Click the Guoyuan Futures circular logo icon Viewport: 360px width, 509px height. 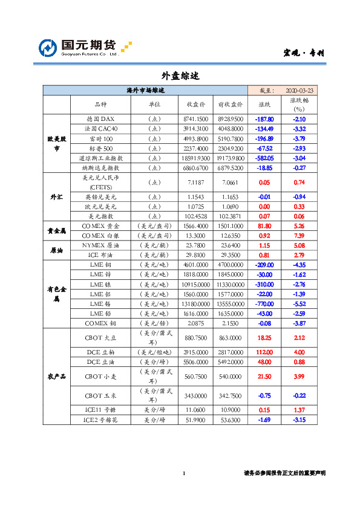tap(48, 48)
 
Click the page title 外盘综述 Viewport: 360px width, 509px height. tap(180, 76)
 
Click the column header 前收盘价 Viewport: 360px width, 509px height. tap(230, 104)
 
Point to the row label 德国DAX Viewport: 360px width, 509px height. tap(100, 119)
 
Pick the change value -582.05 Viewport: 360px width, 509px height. tap(265, 157)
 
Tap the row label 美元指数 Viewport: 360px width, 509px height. tap(100, 216)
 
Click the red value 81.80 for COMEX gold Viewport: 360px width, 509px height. tap(265, 225)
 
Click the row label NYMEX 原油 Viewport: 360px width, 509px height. tap(100, 245)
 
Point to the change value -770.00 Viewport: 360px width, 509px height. tap(265, 303)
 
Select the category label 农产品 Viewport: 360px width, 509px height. tap(56, 376)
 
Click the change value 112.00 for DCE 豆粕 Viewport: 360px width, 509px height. tap(265, 351)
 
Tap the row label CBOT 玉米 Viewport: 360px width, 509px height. tap(100, 395)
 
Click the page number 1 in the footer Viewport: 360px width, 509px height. tap(183, 473)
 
